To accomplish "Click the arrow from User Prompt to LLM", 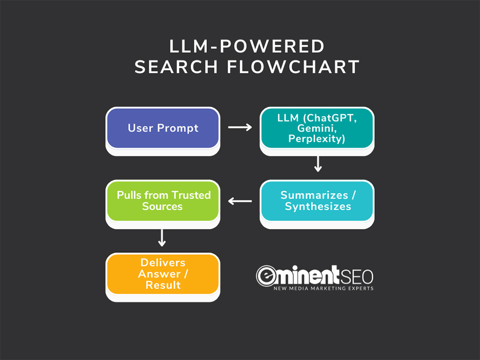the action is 240,127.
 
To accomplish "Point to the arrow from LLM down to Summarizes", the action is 318,164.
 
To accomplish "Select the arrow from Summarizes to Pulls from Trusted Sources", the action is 240,201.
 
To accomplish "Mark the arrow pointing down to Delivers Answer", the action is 162,238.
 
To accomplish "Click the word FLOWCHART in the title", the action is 293,67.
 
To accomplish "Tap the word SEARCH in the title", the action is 176,67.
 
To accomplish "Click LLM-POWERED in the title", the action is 247,47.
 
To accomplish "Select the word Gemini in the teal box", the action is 317,128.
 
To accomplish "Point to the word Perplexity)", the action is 317,139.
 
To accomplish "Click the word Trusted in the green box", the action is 191,195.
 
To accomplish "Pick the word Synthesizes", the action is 318,206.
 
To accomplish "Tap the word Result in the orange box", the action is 163,285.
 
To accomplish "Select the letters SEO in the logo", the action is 357,277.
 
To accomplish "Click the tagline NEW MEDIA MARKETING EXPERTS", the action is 324,288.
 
